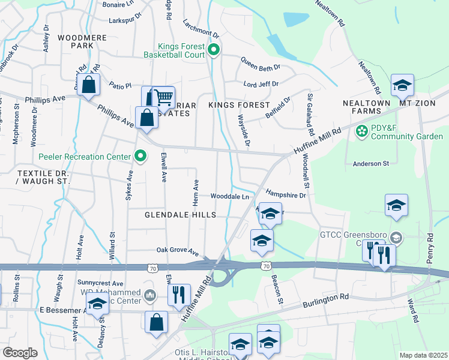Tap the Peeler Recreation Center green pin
coord(140,157)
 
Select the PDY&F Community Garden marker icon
coord(361,131)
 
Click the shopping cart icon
coord(163,97)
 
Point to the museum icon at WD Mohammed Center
coord(150,295)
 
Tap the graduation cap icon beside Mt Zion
coord(403,85)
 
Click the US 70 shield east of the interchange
coord(267,265)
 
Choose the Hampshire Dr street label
coord(286,195)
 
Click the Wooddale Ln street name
coord(229,196)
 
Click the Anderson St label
coord(371,163)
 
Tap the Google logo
coord(20,353)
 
